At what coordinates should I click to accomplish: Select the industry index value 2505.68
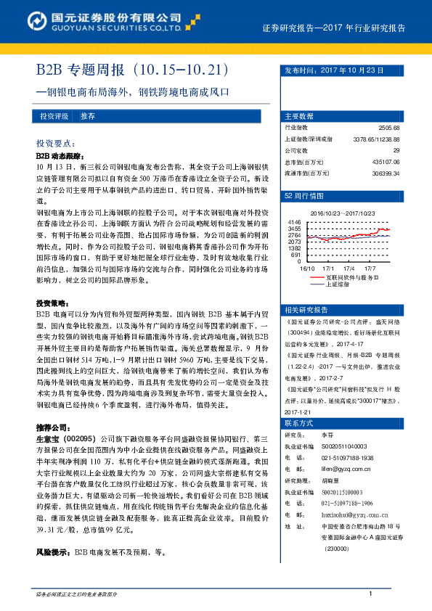tap(389, 127)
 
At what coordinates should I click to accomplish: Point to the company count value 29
tap(396, 150)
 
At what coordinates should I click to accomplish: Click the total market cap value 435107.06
tap(386, 162)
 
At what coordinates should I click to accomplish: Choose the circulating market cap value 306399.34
tap(386, 173)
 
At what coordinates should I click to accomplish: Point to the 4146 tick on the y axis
tap(294, 221)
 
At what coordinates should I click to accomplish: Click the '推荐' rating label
tap(88, 116)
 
